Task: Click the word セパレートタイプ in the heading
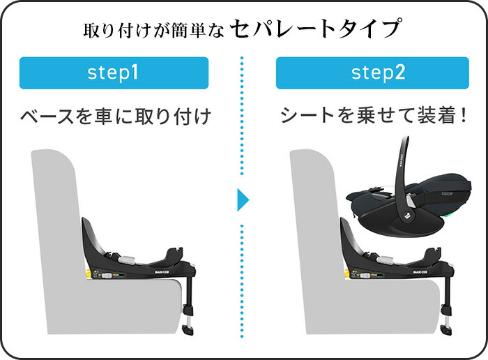314,29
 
